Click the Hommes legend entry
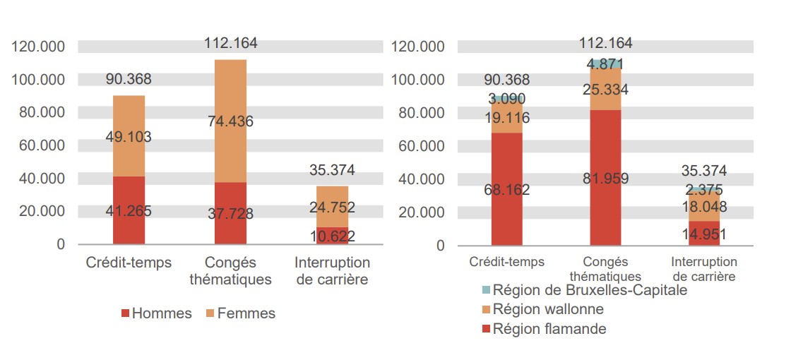157,313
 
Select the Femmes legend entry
241,313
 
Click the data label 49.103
129,138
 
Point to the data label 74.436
230,121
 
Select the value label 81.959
605,179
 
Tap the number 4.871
605,64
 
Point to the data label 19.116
506,118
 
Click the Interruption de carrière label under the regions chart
703,269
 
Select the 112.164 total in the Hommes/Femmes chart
230,43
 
